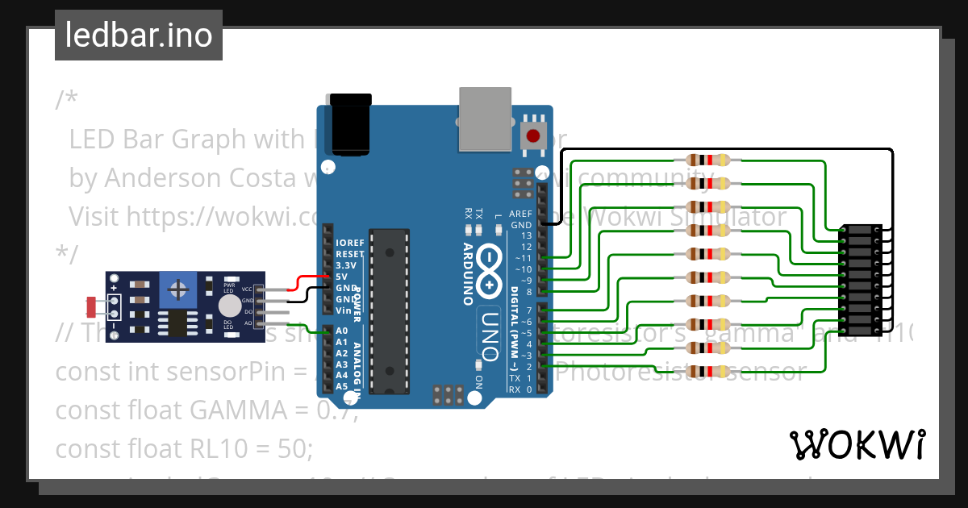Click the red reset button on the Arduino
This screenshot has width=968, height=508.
pos(532,135)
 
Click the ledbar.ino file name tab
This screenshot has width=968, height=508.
pos(139,35)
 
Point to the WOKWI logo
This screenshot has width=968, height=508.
pos(857,444)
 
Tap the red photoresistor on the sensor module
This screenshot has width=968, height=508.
pos(92,306)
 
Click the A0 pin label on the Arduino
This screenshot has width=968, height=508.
pos(341,331)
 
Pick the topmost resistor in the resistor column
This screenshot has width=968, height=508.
pos(707,160)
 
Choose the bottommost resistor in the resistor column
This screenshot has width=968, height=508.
pos(707,372)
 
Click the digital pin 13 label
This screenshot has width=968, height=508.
pos(526,235)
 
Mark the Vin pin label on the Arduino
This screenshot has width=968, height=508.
pos(343,310)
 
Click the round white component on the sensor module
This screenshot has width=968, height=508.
pos(230,305)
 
